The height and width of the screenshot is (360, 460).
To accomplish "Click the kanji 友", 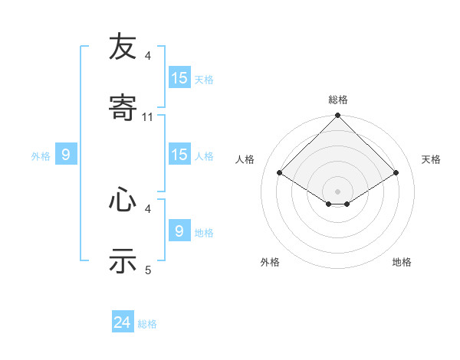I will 123,47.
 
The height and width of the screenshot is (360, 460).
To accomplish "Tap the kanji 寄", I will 123,108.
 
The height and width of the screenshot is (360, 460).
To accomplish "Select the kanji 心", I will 123,200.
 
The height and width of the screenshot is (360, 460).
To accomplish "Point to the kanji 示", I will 123,261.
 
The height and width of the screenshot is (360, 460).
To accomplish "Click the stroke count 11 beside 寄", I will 148,117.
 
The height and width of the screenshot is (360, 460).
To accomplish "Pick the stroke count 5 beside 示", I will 148,270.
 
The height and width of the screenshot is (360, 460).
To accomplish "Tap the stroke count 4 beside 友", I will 148,56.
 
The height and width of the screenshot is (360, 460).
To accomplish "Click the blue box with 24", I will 123,323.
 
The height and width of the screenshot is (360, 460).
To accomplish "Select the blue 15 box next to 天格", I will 179,78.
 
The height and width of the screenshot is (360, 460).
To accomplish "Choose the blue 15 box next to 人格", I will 179,155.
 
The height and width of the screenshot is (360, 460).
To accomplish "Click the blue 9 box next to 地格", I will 179,231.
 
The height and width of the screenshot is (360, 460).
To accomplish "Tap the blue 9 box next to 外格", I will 66,155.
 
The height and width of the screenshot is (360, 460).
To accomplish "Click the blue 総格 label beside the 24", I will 147,324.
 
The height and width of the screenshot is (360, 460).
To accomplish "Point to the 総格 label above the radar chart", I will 338,100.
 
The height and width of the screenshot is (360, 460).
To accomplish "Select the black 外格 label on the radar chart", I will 270,262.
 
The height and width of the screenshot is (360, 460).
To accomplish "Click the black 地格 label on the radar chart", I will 402,262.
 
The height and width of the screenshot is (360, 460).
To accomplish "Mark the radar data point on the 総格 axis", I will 337,116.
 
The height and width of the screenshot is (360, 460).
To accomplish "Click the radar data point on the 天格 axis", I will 396,172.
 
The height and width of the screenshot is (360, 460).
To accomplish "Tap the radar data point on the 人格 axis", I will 280,172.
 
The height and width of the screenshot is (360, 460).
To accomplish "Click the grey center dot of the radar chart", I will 337,191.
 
